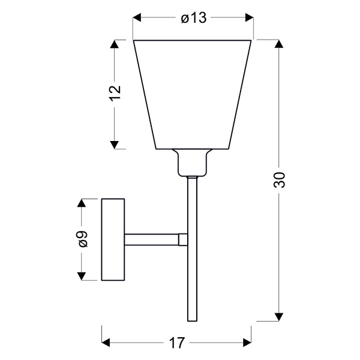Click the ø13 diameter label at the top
coord(193,18)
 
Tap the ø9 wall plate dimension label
coord(83,239)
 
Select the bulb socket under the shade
coord(192,163)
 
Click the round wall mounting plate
coord(113,239)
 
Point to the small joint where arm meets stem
coord(182,239)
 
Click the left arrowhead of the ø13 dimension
coord(138,18)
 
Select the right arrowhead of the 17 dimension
coord(246,343)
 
